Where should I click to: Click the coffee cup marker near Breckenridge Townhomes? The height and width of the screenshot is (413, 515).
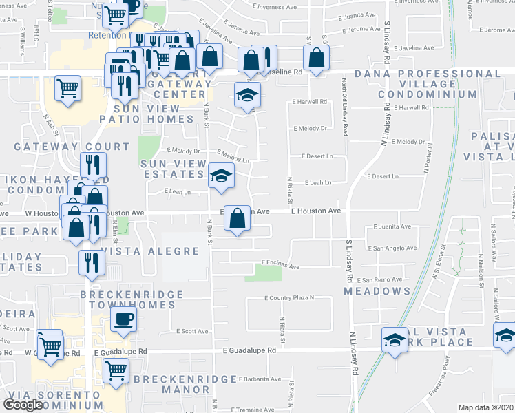tap(123, 319)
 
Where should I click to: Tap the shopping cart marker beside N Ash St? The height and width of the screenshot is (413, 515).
tap(67, 88)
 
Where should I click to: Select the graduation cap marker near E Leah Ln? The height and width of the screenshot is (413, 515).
tap(221, 176)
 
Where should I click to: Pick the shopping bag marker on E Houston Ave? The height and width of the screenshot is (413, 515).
tap(237, 219)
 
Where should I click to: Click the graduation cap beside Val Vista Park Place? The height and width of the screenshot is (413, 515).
tap(395, 340)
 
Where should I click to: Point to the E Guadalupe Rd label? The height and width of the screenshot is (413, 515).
tap(249, 350)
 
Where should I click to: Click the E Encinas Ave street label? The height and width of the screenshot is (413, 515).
tap(280, 266)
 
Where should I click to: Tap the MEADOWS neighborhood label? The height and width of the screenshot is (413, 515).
tap(377, 291)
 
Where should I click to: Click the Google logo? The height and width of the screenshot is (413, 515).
tap(23, 404)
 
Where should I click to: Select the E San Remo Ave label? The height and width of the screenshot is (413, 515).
tap(386, 280)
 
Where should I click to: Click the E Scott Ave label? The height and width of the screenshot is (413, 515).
tap(191, 331)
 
